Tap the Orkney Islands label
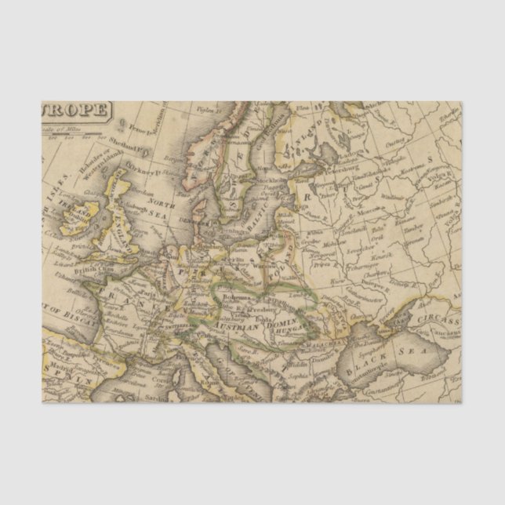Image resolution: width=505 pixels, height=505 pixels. tap(142, 166)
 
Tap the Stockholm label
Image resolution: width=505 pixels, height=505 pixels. tap(266, 180)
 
